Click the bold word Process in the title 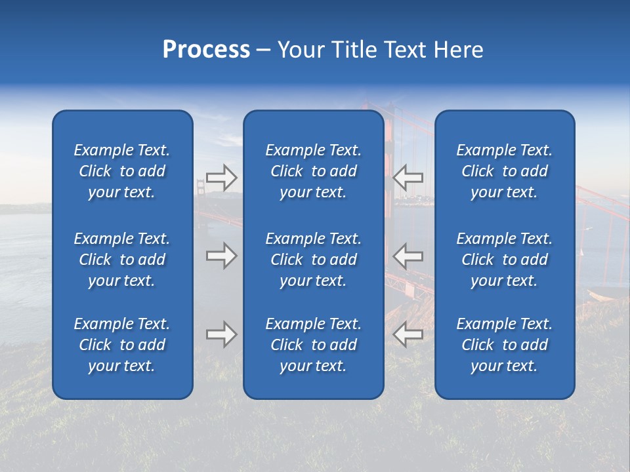coord(206,50)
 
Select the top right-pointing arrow coord(221,177)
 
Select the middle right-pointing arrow coord(221,256)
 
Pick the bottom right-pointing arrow coord(221,334)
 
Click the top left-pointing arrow coord(408,177)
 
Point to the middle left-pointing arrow coord(408,256)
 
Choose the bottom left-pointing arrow coord(408,334)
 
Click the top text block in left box coord(122,171)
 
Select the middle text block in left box coord(122,260)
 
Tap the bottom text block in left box coord(122,345)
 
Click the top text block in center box coord(313,171)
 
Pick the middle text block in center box coord(313,260)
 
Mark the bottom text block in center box coord(313,345)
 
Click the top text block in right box coord(505,171)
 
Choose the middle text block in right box coord(505,260)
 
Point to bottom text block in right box coord(505,345)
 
